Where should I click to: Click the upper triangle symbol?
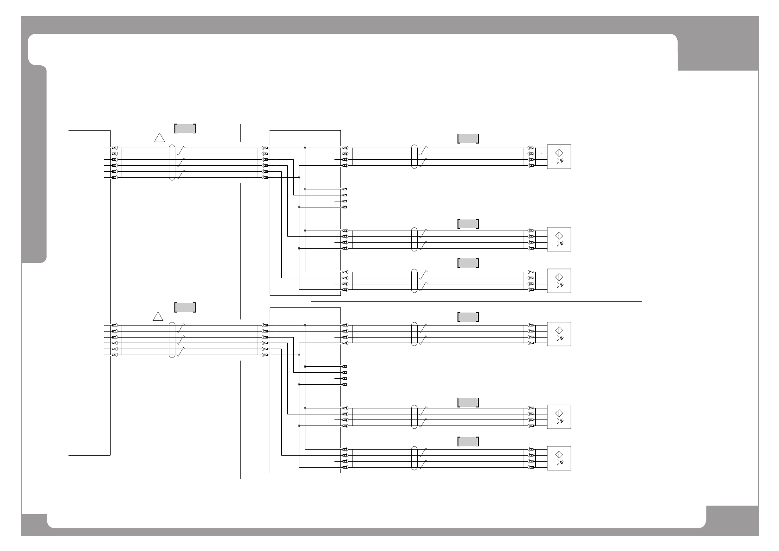[x=160, y=138]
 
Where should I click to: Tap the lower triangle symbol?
[x=158, y=317]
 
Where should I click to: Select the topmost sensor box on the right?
[x=559, y=157]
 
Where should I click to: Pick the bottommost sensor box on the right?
[x=559, y=458]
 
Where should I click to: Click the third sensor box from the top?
[x=559, y=281]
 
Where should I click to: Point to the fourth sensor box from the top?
[x=559, y=334]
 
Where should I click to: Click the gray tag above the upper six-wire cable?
[x=185, y=128]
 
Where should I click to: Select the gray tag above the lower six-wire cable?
[x=185, y=307]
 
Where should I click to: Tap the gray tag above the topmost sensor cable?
[x=468, y=138]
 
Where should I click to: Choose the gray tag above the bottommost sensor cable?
[x=468, y=442]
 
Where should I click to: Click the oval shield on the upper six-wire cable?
[x=172, y=163]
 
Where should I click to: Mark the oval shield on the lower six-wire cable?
[x=172, y=340]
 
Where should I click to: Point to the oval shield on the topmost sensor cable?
[x=414, y=157]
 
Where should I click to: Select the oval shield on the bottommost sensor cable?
[x=414, y=458]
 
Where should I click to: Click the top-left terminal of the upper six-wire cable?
[x=114, y=148]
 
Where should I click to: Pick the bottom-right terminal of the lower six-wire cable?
[x=265, y=355]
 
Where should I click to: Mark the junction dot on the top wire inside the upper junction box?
[x=305, y=148]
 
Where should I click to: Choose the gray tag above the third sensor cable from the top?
[x=468, y=263]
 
